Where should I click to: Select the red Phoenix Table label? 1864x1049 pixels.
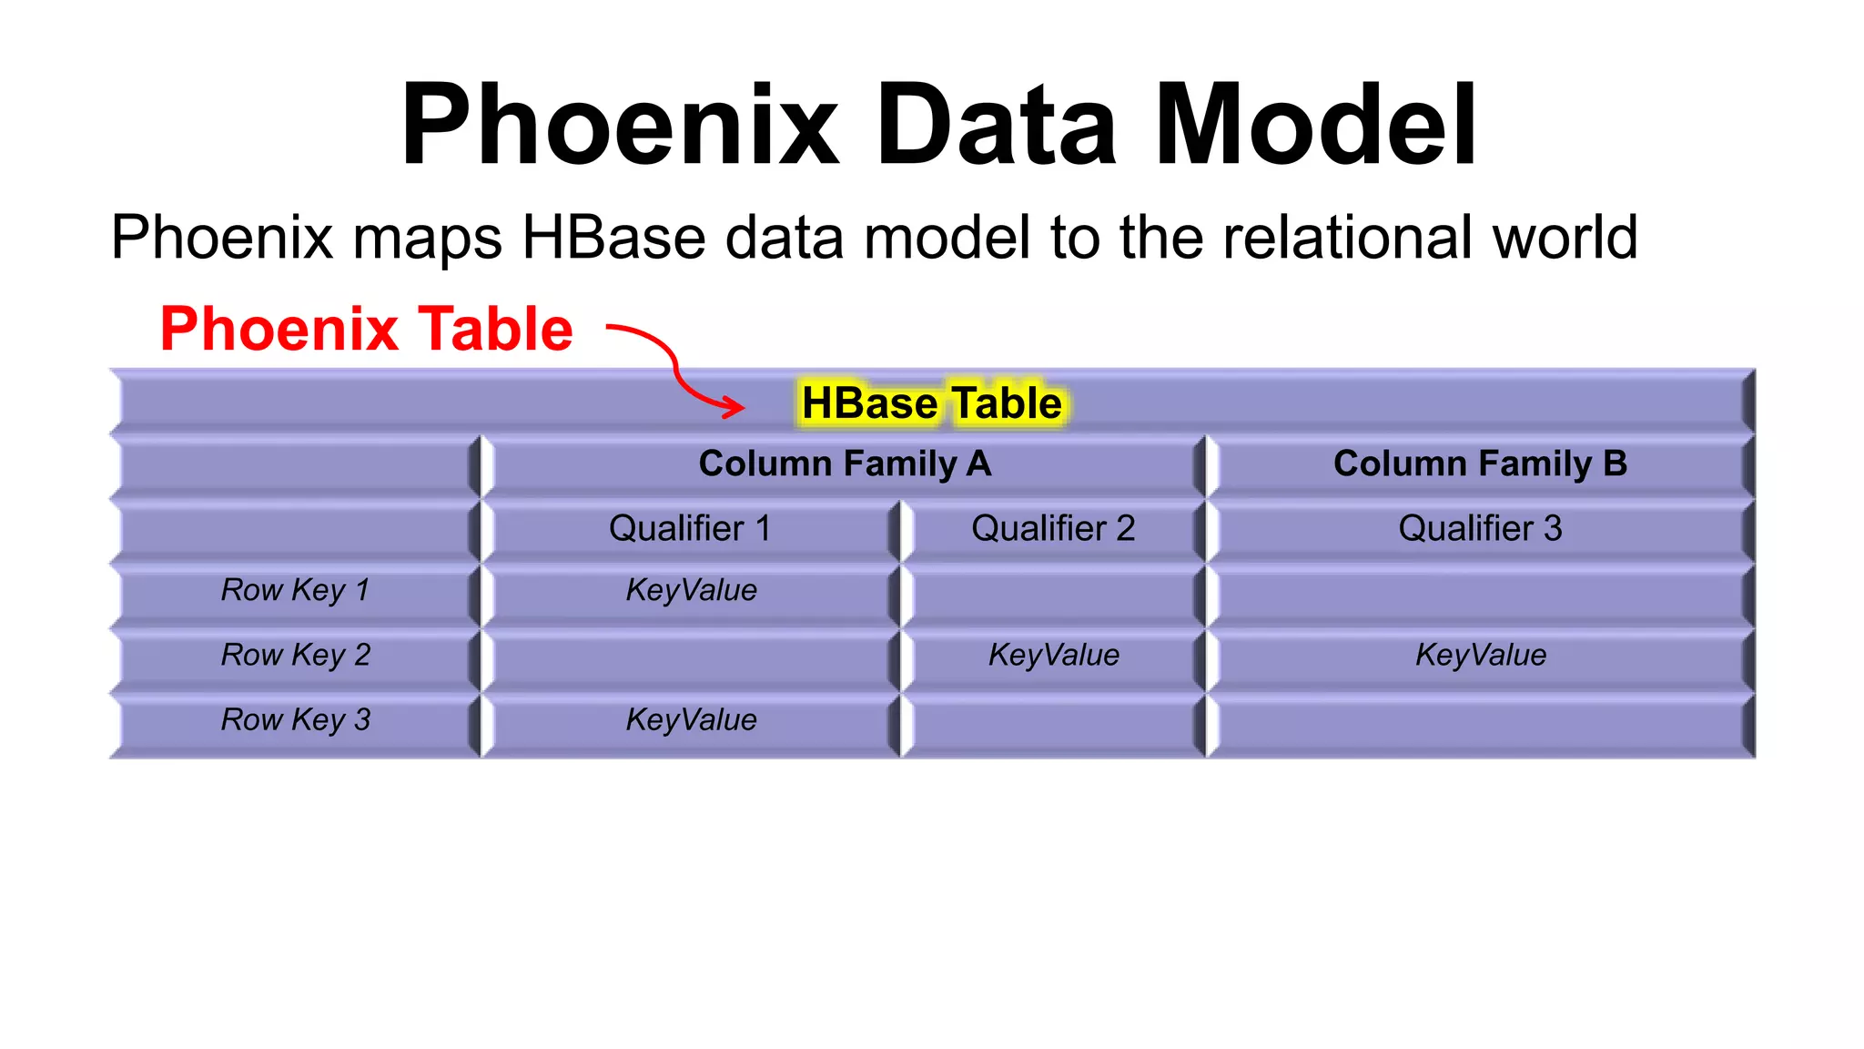pos(366,329)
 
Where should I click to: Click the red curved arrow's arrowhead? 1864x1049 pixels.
pos(734,406)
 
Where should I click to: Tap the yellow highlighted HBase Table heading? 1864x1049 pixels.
pos(931,403)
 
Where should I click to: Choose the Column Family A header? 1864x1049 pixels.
pos(844,463)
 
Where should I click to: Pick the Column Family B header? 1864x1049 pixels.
pos(1480,463)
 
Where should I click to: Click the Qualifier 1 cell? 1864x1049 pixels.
pos(689,528)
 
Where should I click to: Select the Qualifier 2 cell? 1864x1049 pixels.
pos(1053,528)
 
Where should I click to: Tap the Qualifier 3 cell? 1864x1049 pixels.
pos(1480,528)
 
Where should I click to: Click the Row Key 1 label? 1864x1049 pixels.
pos(295,590)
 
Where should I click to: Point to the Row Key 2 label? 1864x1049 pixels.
pos(295,655)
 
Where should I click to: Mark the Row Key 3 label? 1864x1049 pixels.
pos(295,719)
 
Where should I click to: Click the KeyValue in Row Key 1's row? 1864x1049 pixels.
pos(691,590)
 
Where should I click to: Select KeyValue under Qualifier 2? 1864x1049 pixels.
pos(1053,655)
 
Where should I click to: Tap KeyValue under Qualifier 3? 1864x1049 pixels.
pos(1480,655)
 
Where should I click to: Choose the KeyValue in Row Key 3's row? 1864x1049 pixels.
pos(691,719)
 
